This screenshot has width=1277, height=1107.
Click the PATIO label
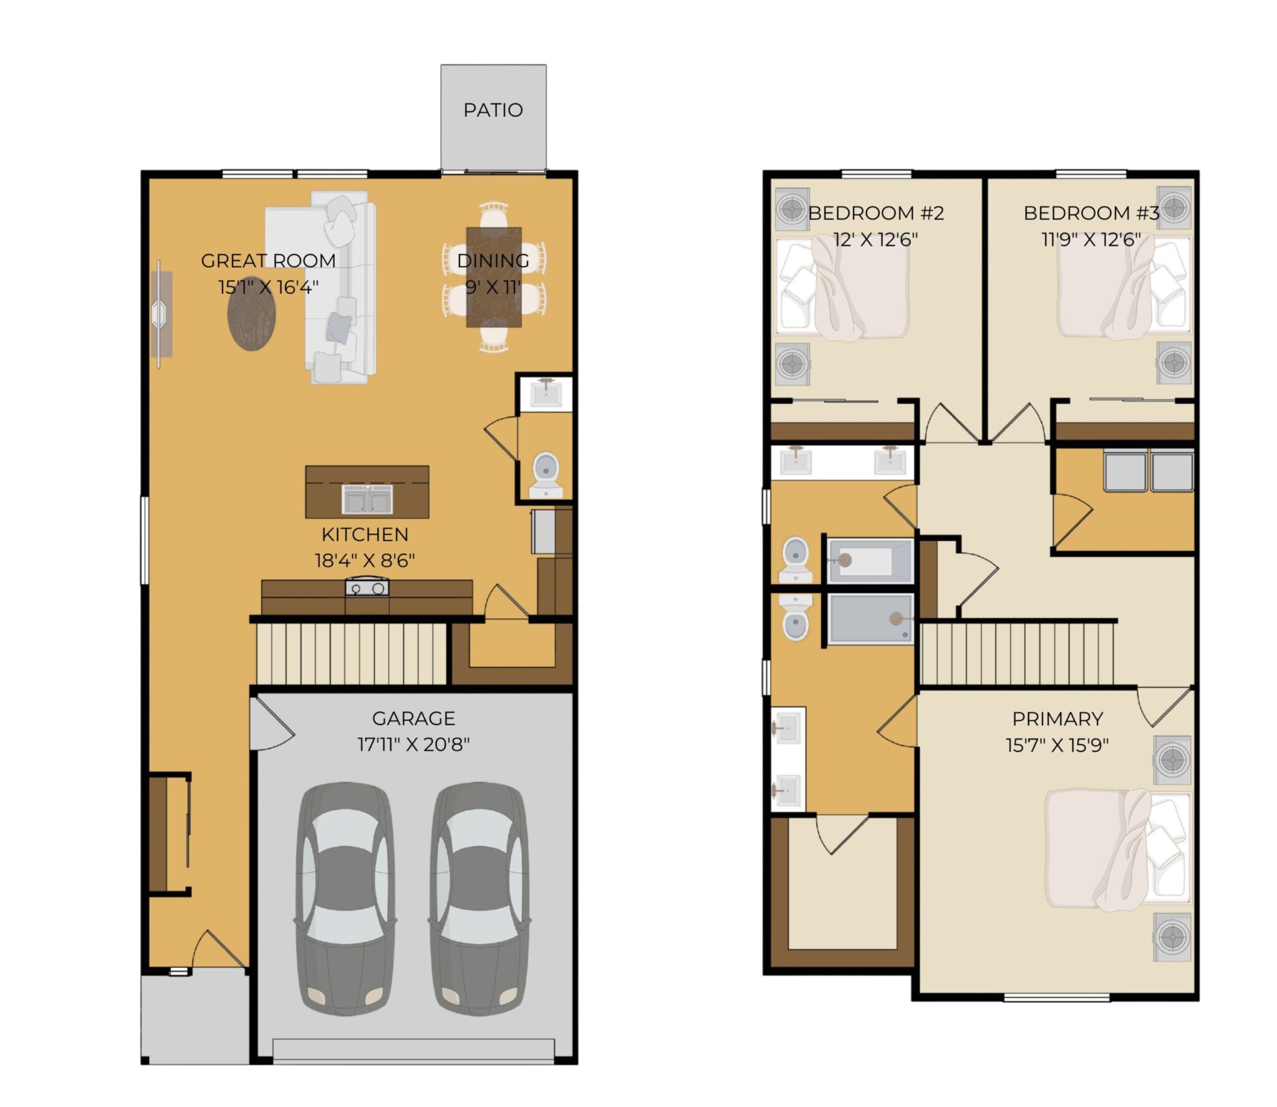click(x=493, y=110)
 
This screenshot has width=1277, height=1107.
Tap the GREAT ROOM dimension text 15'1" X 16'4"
click(x=268, y=287)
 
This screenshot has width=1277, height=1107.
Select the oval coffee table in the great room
click(x=251, y=314)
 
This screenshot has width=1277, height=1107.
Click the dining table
click(x=494, y=277)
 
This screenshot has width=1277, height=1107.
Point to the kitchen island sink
click(x=367, y=499)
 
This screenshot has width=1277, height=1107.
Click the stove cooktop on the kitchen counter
click(x=367, y=587)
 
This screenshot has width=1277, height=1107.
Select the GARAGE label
click(x=413, y=718)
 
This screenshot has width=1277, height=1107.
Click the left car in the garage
click(x=345, y=899)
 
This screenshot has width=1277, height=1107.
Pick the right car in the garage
click(x=479, y=899)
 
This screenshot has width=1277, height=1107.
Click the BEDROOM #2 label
click(x=876, y=213)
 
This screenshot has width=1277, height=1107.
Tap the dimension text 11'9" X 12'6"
click(x=1091, y=239)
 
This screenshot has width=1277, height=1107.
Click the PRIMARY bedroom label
click(x=1058, y=719)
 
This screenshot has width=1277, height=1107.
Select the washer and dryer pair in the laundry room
click(x=1148, y=471)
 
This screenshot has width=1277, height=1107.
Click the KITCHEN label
click(x=365, y=534)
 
